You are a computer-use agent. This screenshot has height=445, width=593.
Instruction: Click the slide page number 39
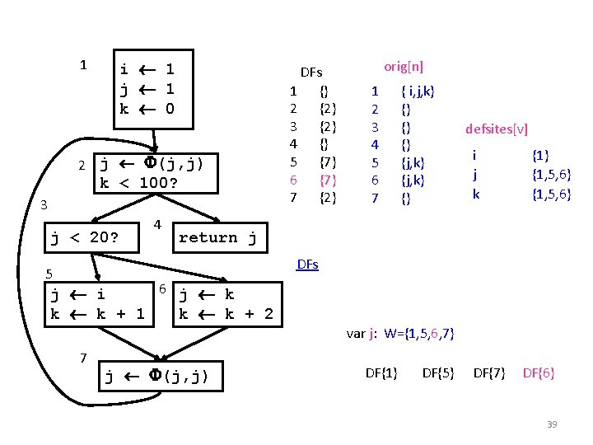coord(552,424)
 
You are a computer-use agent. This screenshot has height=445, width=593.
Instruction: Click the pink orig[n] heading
coord(404,67)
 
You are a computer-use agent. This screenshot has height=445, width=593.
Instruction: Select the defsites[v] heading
coord(497,129)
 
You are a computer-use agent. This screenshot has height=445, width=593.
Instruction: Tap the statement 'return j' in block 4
coord(217,238)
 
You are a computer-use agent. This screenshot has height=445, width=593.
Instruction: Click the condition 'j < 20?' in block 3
coord(85,238)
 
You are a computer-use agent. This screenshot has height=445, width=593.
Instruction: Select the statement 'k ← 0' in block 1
coord(147,109)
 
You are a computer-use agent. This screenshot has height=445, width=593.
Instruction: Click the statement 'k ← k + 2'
coord(226,314)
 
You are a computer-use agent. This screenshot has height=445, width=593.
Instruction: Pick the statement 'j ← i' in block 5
coord(77,294)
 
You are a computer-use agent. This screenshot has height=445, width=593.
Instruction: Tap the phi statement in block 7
coord(156,377)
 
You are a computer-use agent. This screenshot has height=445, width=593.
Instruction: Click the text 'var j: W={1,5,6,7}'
coord(400,334)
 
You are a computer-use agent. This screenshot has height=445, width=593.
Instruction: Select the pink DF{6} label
coord(539,373)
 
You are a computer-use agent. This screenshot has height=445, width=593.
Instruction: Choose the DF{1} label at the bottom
coord(381,373)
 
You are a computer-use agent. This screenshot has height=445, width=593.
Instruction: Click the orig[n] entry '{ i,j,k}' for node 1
coord(418,91)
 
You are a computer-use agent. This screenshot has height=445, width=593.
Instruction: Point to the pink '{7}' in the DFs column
coord(327,180)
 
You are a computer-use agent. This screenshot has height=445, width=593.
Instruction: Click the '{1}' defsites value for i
coord(540,155)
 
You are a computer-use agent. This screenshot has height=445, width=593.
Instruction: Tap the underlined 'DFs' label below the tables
coord(307,265)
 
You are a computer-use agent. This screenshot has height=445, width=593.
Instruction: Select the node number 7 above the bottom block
coord(83,357)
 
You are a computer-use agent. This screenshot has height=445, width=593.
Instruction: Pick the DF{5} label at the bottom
coord(439,373)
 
